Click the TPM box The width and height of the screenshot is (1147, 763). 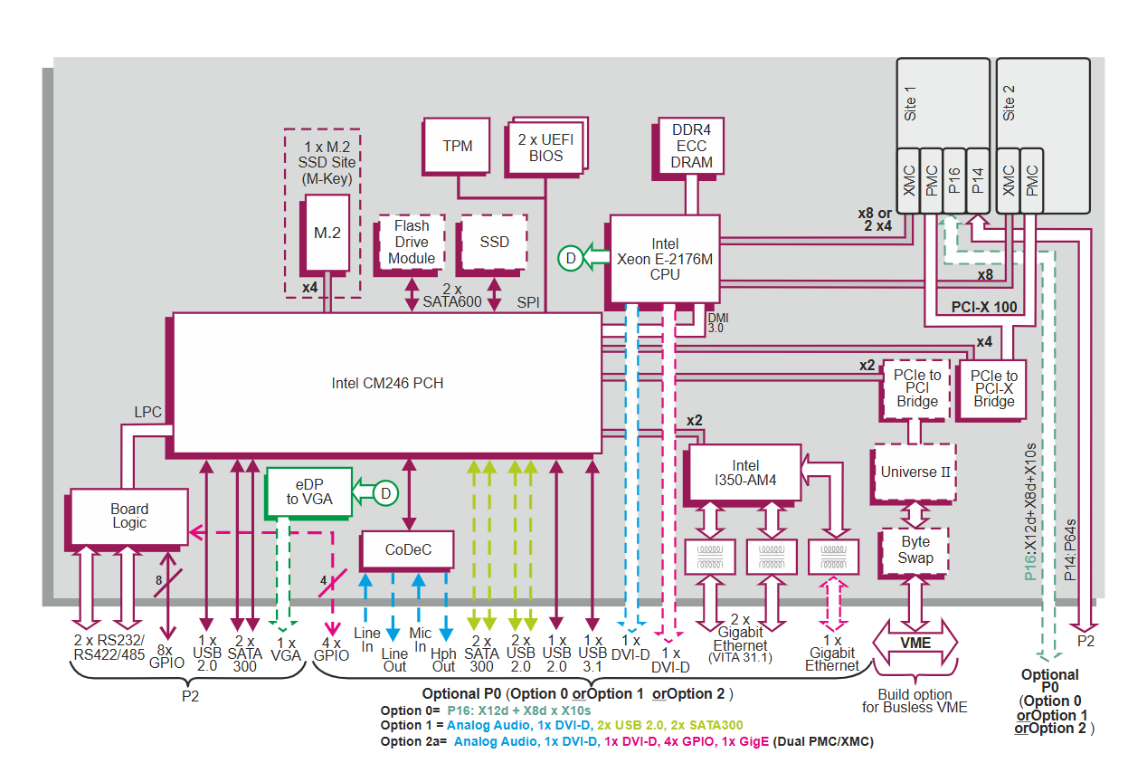point(457,146)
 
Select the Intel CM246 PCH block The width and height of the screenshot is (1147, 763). point(387,383)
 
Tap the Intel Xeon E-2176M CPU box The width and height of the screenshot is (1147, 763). point(665,259)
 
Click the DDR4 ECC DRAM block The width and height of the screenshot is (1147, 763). point(692,147)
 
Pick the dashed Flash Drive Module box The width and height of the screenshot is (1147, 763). point(412,242)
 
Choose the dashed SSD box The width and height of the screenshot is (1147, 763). point(494,242)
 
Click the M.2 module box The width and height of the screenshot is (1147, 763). point(327,234)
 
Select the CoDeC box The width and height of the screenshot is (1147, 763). point(408,549)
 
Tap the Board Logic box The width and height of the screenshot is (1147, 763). point(129,516)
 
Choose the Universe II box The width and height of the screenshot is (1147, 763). point(915,472)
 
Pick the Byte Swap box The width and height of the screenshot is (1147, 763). point(915,549)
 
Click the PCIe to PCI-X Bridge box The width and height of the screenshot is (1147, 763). point(993,387)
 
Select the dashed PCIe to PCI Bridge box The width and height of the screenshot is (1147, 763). point(917,387)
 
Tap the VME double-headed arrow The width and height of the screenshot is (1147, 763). point(915,641)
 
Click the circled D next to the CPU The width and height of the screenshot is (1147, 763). point(571,258)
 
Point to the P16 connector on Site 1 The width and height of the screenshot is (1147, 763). point(954,180)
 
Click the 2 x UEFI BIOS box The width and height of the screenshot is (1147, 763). point(546,146)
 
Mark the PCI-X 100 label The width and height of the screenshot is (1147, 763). point(984,307)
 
